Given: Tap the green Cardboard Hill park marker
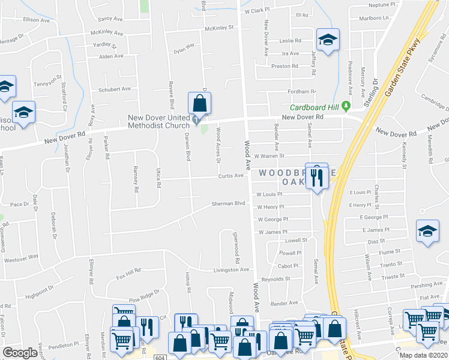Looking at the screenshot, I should pyautogui.click(x=346, y=107).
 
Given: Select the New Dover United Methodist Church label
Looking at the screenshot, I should pyautogui.click(x=161, y=121).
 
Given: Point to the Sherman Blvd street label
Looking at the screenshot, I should pyautogui.click(x=229, y=203).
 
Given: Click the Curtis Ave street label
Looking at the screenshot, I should pyautogui.click(x=231, y=176).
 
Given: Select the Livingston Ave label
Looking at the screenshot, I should pyautogui.click(x=232, y=270).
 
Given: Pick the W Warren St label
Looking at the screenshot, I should pyautogui.click(x=268, y=156).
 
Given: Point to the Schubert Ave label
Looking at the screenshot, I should pyautogui.click(x=114, y=89).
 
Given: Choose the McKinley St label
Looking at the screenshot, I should pyautogui.click(x=218, y=28).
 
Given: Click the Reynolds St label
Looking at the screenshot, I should pyautogui.click(x=276, y=279).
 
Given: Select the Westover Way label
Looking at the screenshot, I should pyautogui.click(x=21, y=258).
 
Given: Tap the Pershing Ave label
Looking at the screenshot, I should pyautogui.click(x=428, y=286).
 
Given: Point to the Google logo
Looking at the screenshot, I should pyautogui.click(x=20, y=353).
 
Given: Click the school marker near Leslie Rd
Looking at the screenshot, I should pyautogui.click(x=328, y=41).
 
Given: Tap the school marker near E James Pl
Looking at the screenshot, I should pyautogui.click(x=428, y=232).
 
